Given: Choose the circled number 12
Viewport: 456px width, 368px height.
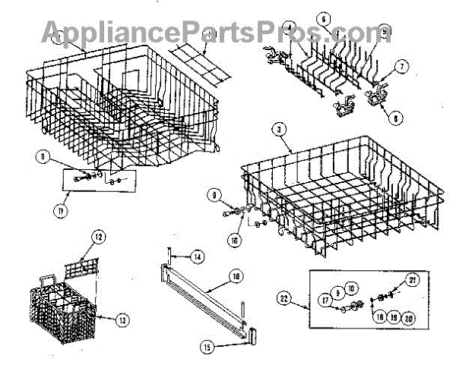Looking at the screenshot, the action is click(98, 237).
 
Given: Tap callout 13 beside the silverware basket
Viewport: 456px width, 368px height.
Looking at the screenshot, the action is click(121, 319).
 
